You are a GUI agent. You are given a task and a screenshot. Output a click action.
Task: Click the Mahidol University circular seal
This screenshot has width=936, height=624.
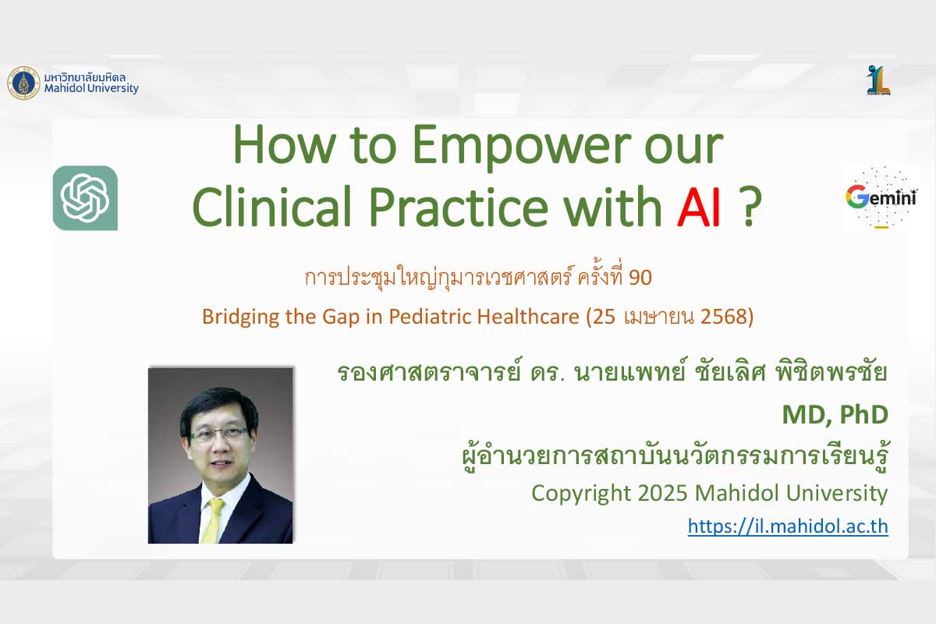[x=24, y=83]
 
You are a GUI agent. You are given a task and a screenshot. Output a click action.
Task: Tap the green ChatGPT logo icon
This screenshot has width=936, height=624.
[x=85, y=198]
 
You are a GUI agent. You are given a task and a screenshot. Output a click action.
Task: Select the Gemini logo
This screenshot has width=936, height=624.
[x=881, y=197]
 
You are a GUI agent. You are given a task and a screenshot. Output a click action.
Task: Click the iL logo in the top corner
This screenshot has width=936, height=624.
[x=878, y=80]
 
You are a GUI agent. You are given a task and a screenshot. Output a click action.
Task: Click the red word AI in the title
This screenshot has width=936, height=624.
[x=699, y=207]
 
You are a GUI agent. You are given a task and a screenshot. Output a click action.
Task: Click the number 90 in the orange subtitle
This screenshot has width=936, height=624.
[x=640, y=278]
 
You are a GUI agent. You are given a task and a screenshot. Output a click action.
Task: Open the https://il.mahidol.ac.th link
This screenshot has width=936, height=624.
[x=788, y=526]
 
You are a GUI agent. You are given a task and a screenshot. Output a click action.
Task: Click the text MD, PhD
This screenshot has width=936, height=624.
[x=835, y=414]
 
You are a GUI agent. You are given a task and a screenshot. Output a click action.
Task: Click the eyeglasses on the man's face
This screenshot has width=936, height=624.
[x=218, y=434]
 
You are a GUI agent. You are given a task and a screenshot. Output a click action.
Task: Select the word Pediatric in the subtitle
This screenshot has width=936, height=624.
[x=430, y=317]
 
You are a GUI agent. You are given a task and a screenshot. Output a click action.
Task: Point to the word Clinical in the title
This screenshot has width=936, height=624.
[x=271, y=207]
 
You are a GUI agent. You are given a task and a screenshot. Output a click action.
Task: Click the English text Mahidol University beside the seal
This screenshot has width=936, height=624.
[x=91, y=88]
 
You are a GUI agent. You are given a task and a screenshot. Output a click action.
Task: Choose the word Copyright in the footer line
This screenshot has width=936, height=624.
[x=581, y=494]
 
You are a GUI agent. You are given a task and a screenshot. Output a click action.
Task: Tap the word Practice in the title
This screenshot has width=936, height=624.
[x=459, y=207]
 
